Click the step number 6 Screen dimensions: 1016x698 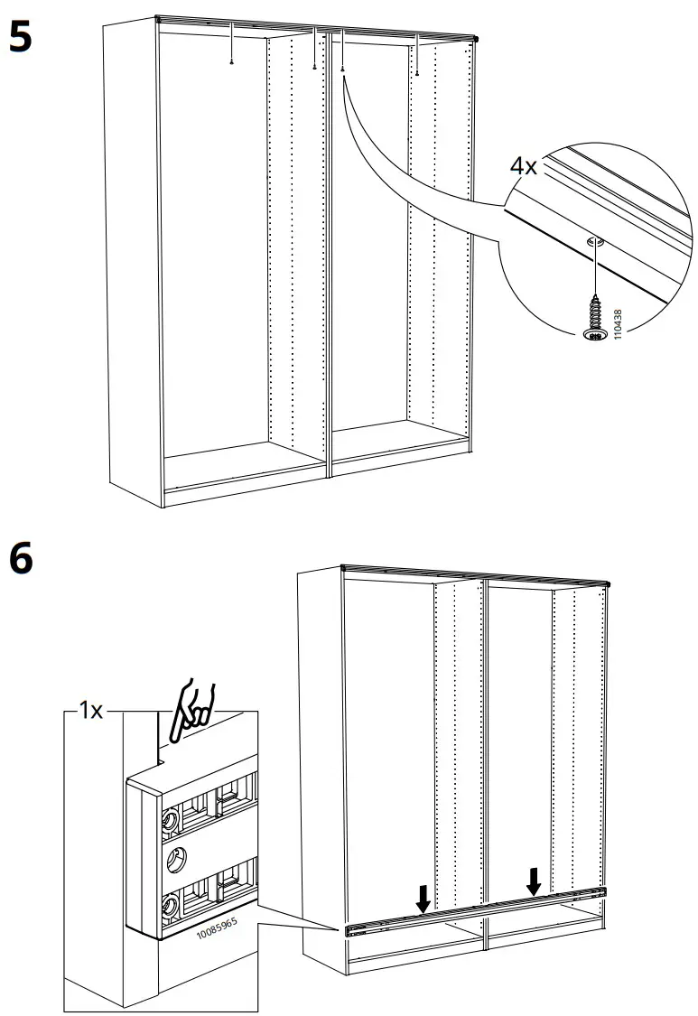pos(20,559)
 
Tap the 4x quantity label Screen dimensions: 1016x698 pos(524,167)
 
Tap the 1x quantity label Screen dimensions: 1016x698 pos(90,712)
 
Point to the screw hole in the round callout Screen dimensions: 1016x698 pos(593,241)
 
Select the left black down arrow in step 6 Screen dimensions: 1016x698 pos(423,899)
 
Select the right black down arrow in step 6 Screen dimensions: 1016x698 pos(535,881)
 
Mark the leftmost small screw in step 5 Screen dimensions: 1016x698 pos(233,62)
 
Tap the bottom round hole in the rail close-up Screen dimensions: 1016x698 pos(168,903)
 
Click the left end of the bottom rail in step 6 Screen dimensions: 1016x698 pos(349,928)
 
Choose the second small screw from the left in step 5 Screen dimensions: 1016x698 pos(313,65)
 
